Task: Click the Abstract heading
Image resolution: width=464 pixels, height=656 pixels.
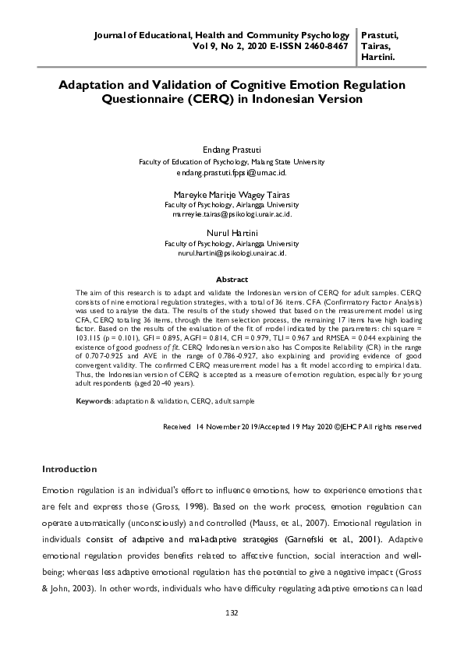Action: click(232, 279)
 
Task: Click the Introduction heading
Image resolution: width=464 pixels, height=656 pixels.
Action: click(69, 469)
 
